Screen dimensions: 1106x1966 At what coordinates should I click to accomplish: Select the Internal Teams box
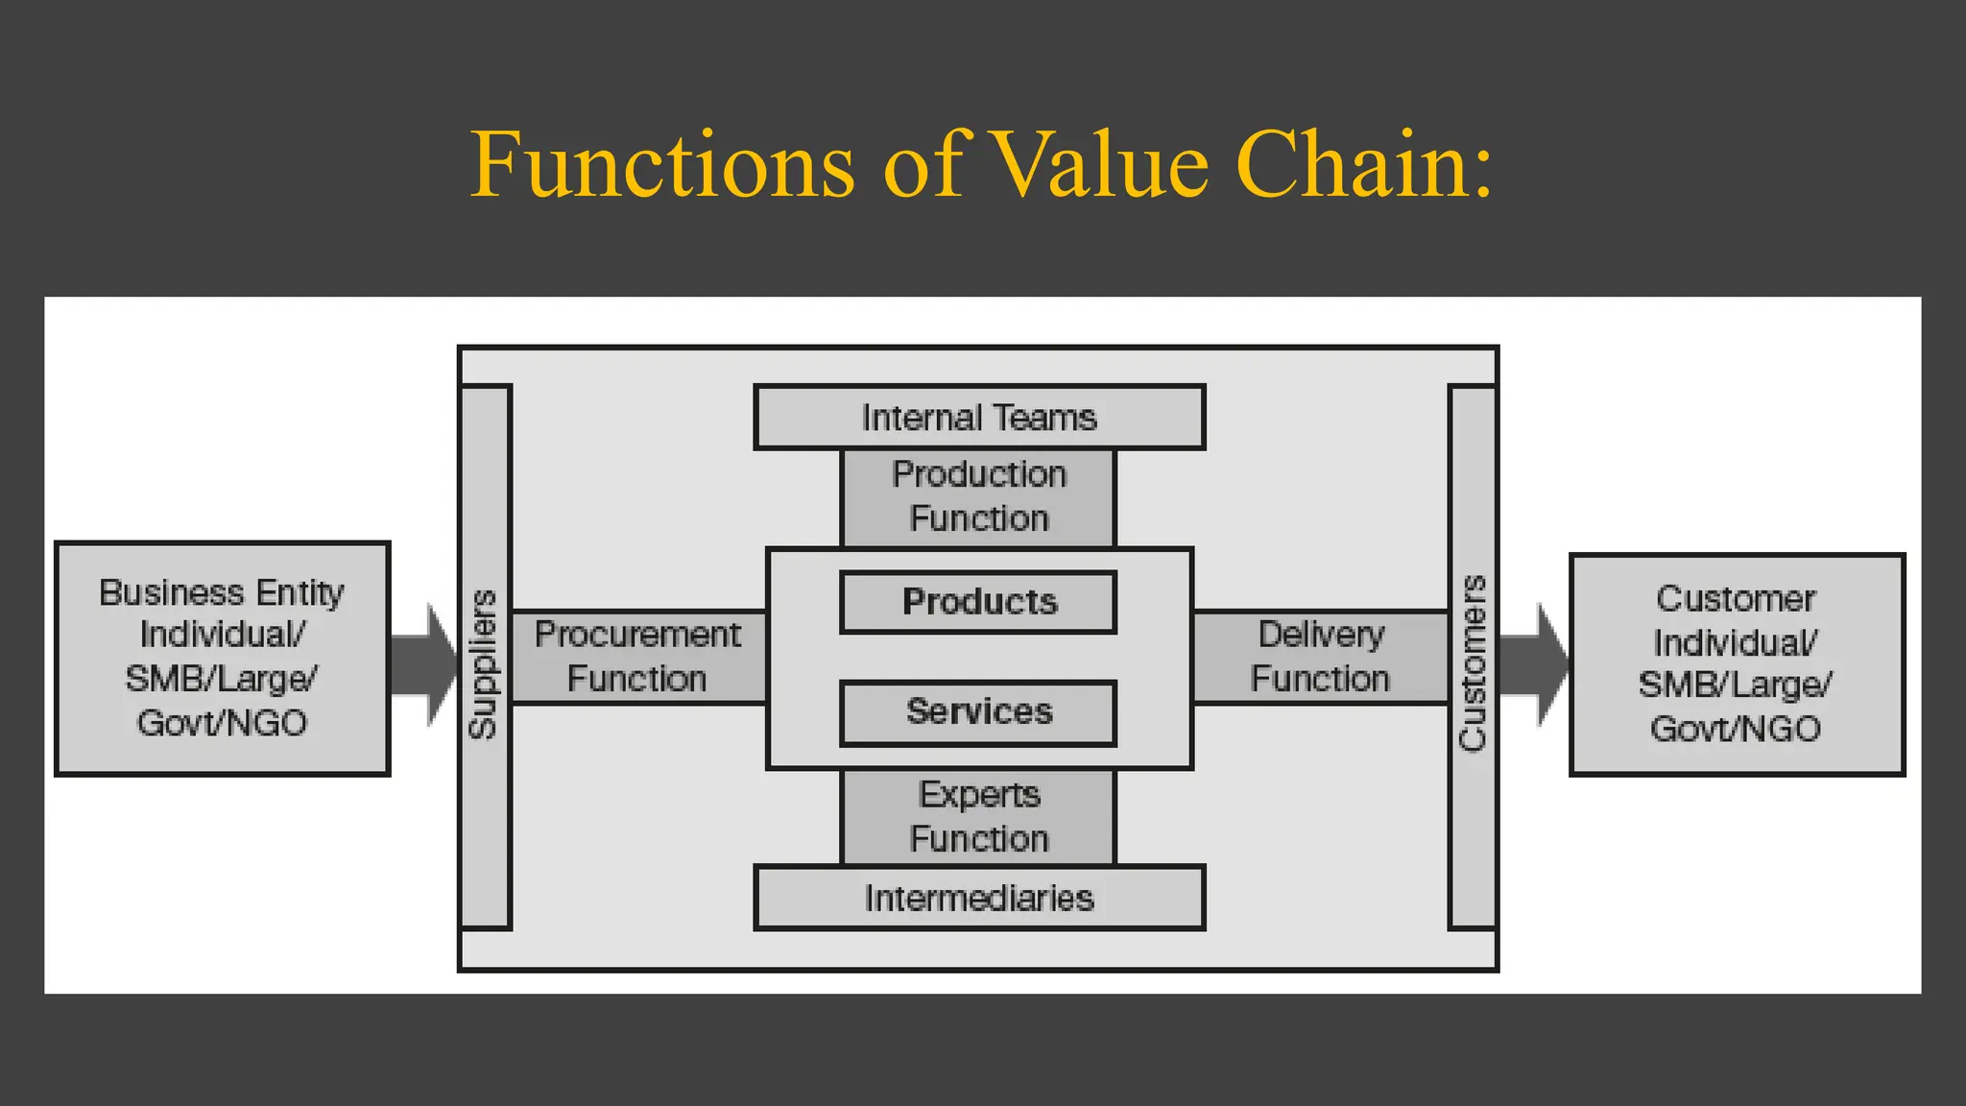979,418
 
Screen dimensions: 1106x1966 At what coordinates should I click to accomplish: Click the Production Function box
979,496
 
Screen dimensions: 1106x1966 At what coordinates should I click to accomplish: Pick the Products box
979,602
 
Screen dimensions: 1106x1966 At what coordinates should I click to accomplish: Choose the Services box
979,712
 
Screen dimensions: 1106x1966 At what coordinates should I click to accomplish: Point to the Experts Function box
979,817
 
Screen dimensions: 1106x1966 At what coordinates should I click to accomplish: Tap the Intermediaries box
979,899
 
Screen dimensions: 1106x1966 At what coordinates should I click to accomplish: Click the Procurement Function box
637,657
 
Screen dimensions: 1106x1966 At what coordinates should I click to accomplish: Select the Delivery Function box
1320,657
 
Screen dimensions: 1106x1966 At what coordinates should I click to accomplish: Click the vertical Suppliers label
484,663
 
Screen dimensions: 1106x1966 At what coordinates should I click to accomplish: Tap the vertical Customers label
1473,663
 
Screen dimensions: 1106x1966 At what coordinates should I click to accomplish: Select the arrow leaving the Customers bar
1532,665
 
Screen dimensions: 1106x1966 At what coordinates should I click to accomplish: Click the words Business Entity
222,592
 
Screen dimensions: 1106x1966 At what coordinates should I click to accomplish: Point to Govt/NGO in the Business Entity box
222,723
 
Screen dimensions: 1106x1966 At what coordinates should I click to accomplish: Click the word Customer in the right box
1736,599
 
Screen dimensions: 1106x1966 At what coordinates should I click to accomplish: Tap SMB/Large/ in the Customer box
1736,685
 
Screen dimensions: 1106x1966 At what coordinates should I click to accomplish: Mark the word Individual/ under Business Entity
222,635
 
